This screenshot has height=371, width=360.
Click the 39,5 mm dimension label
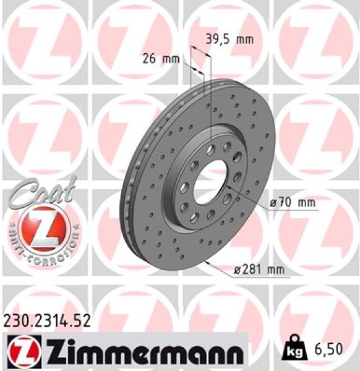tap(229, 40)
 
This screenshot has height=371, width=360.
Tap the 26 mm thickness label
tap(160, 59)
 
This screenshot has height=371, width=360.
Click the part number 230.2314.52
tap(47, 320)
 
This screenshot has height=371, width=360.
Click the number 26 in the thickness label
tap(148, 59)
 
